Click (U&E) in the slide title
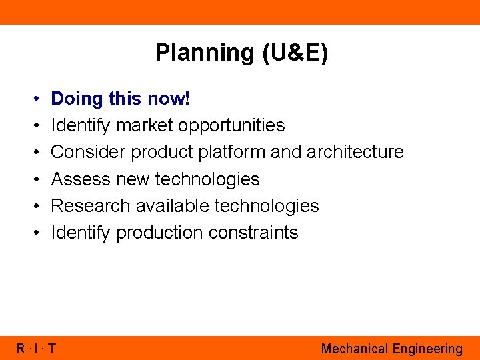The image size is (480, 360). [x=295, y=53]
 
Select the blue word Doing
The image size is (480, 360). [x=77, y=99]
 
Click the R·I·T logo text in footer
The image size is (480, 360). [x=37, y=349]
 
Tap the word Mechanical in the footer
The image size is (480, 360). [x=354, y=349]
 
